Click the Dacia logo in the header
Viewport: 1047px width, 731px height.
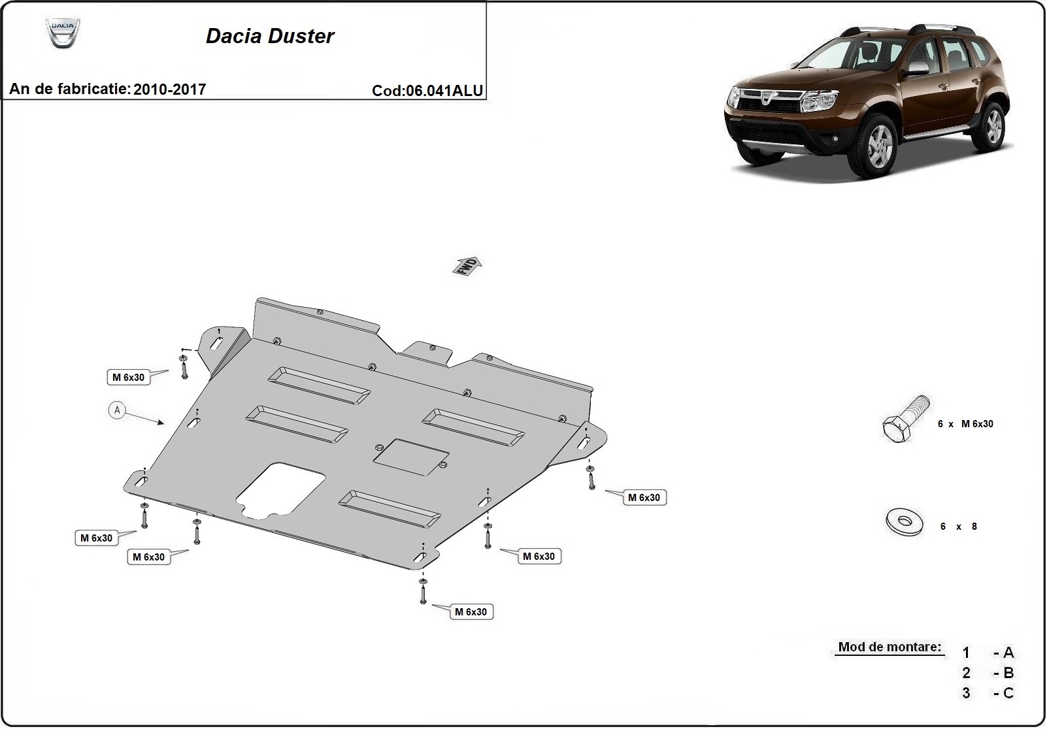(63, 33)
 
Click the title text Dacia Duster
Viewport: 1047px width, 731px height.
(270, 36)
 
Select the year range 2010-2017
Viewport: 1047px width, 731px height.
(169, 89)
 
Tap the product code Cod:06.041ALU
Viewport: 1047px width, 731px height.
(427, 91)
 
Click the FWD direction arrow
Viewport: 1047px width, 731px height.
(467, 266)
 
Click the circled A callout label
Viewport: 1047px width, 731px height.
(117, 410)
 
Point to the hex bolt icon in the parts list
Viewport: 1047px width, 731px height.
(904, 419)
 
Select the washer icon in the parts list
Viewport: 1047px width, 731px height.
(905, 522)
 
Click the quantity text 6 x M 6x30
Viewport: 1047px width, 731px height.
(965, 424)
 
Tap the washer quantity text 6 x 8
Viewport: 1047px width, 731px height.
(959, 527)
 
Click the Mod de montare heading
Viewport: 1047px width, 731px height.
(889, 647)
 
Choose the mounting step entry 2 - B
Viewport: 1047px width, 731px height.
(988, 673)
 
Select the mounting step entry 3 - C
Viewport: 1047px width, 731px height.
(988, 693)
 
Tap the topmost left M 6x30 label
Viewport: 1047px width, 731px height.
(129, 377)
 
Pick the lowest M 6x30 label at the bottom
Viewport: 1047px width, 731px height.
(471, 612)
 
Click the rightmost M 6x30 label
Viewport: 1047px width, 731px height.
(644, 498)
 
